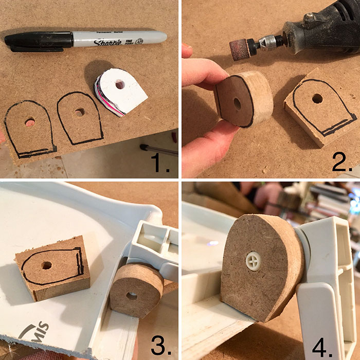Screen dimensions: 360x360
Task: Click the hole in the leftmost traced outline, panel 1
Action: coord(30,121)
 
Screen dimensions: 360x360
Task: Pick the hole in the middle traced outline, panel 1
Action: coord(79,112)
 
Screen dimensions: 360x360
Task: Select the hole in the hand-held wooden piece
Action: coord(237,103)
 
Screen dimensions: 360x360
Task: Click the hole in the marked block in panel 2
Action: coord(317,98)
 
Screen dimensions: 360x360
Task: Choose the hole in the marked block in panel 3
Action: coord(47,266)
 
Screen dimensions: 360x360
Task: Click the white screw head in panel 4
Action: coord(254,261)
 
